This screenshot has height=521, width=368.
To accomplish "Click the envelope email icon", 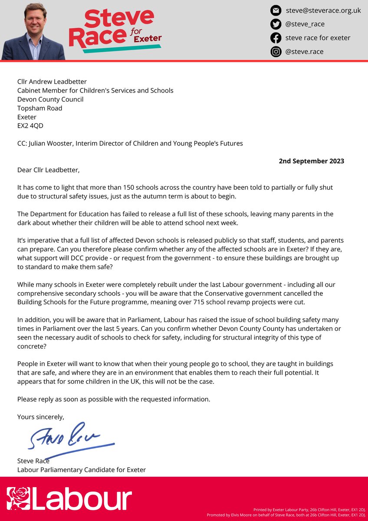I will click(x=276, y=10).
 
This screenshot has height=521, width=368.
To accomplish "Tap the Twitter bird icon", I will click(x=276, y=24).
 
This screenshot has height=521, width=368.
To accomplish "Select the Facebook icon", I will click(x=276, y=38).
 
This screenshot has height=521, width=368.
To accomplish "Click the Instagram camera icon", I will click(x=276, y=52).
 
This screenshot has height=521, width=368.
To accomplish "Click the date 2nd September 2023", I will click(x=311, y=161).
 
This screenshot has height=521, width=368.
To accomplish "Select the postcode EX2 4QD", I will click(x=30, y=126).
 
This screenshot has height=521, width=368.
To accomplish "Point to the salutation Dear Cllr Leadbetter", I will click(x=48, y=170).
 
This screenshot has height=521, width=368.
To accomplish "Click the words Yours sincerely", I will click(x=40, y=417).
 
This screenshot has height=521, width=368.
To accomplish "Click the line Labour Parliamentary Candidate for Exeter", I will click(x=82, y=469).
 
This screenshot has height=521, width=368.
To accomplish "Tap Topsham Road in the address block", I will click(x=39, y=108).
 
